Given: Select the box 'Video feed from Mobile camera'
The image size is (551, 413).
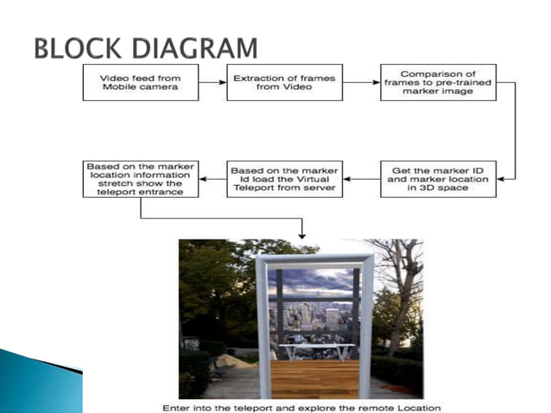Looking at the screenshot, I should (140, 82).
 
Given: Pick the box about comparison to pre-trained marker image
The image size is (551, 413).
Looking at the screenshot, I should (438, 82).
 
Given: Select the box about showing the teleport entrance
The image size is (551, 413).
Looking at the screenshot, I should (140, 179).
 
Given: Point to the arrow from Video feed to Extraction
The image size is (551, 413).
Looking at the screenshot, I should (212, 83).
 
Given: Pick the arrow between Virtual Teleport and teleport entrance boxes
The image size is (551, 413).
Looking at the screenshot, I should (212, 180).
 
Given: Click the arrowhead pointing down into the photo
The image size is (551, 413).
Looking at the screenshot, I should (301, 234).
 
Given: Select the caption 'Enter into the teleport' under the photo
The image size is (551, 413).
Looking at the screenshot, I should (301, 407).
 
